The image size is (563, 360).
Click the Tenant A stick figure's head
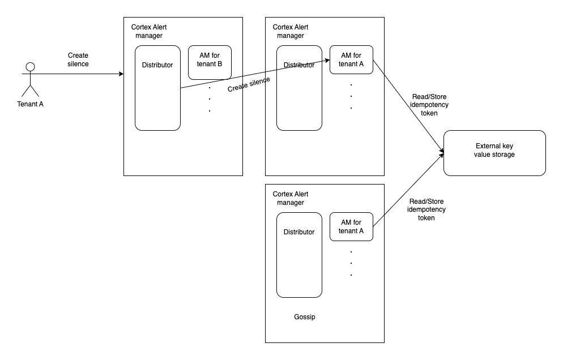(x=31, y=67)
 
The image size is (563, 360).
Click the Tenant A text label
(x=30, y=104)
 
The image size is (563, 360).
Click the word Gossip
(x=304, y=317)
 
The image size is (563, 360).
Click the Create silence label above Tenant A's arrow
(x=78, y=59)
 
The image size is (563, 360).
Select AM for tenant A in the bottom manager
(x=351, y=226)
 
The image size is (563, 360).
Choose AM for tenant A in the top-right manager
(x=351, y=59)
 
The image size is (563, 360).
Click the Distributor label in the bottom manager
(x=298, y=232)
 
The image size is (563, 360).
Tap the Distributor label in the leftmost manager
(x=157, y=65)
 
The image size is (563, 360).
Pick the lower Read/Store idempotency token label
(x=426, y=209)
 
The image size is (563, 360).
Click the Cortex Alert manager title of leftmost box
(x=149, y=31)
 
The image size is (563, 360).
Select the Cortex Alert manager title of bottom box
(x=291, y=198)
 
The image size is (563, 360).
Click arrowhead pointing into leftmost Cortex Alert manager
(x=121, y=74)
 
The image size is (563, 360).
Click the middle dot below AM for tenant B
(x=210, y=99)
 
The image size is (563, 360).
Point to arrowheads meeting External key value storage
(x=441, y=152)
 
